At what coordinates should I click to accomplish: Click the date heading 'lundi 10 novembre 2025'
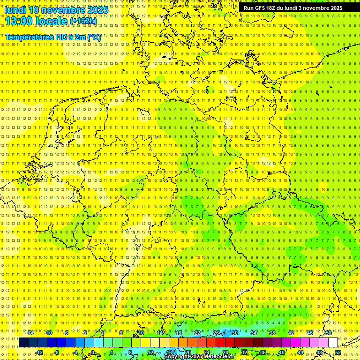[x=56, y=10]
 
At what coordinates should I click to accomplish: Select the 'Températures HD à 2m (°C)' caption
[x=53, y=37]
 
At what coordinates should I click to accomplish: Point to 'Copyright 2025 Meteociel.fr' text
[x=199, y=357]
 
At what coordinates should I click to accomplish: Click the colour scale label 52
[x=338, y=352]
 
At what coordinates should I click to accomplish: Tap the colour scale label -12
[x=39, y=352]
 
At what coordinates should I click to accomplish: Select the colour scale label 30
[x=234, y=333]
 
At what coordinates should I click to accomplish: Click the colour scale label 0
[x=93, y=352]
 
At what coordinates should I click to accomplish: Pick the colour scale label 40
[x=281, y=352]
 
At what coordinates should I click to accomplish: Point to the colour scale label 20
[x=187, y=352]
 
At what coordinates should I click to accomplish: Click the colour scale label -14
[x=30, y=333]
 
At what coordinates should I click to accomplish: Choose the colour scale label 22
[x=197, y=333]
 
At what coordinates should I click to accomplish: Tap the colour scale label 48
[x=319, y=352]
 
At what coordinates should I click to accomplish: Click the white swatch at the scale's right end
[x=333, y=343]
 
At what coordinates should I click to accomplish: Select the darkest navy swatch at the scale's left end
[x=23, y=343]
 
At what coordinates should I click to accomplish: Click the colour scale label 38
[x=272, y=333]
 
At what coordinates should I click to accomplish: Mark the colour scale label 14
[x=159, y=333]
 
